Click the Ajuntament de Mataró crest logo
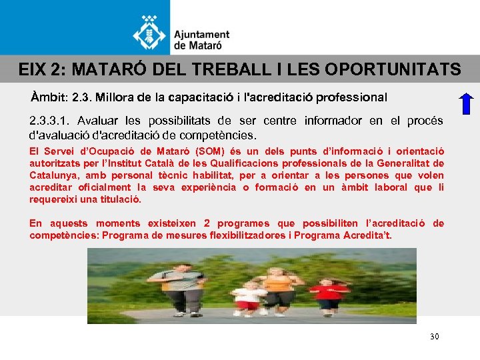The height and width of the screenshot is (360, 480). [x=151, y=31]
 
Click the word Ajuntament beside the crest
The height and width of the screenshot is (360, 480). [x=201, y=35]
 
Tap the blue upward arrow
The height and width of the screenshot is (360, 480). [x=467, y=105]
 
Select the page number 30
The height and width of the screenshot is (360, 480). [x=435, y=337]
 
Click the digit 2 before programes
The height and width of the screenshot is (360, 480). [x=207, y=223]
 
